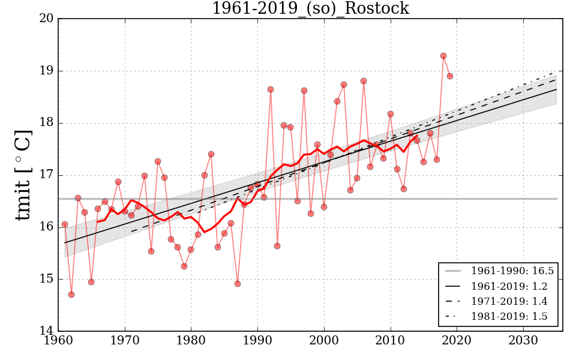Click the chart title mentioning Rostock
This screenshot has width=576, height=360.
(310, 8)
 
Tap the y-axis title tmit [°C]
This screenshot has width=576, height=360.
(23, 175)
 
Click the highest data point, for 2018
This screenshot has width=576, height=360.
(443, 56)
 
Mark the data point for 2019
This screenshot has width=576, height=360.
(450, 76)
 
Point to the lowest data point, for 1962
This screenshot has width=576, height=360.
(71, 295)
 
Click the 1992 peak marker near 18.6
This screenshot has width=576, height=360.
(271, 89)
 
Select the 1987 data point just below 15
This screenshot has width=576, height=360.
(238, 284)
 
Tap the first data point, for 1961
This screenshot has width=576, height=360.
(65, 224)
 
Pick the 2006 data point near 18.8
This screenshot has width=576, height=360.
(364, 81)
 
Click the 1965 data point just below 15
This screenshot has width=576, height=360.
(91, 282)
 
